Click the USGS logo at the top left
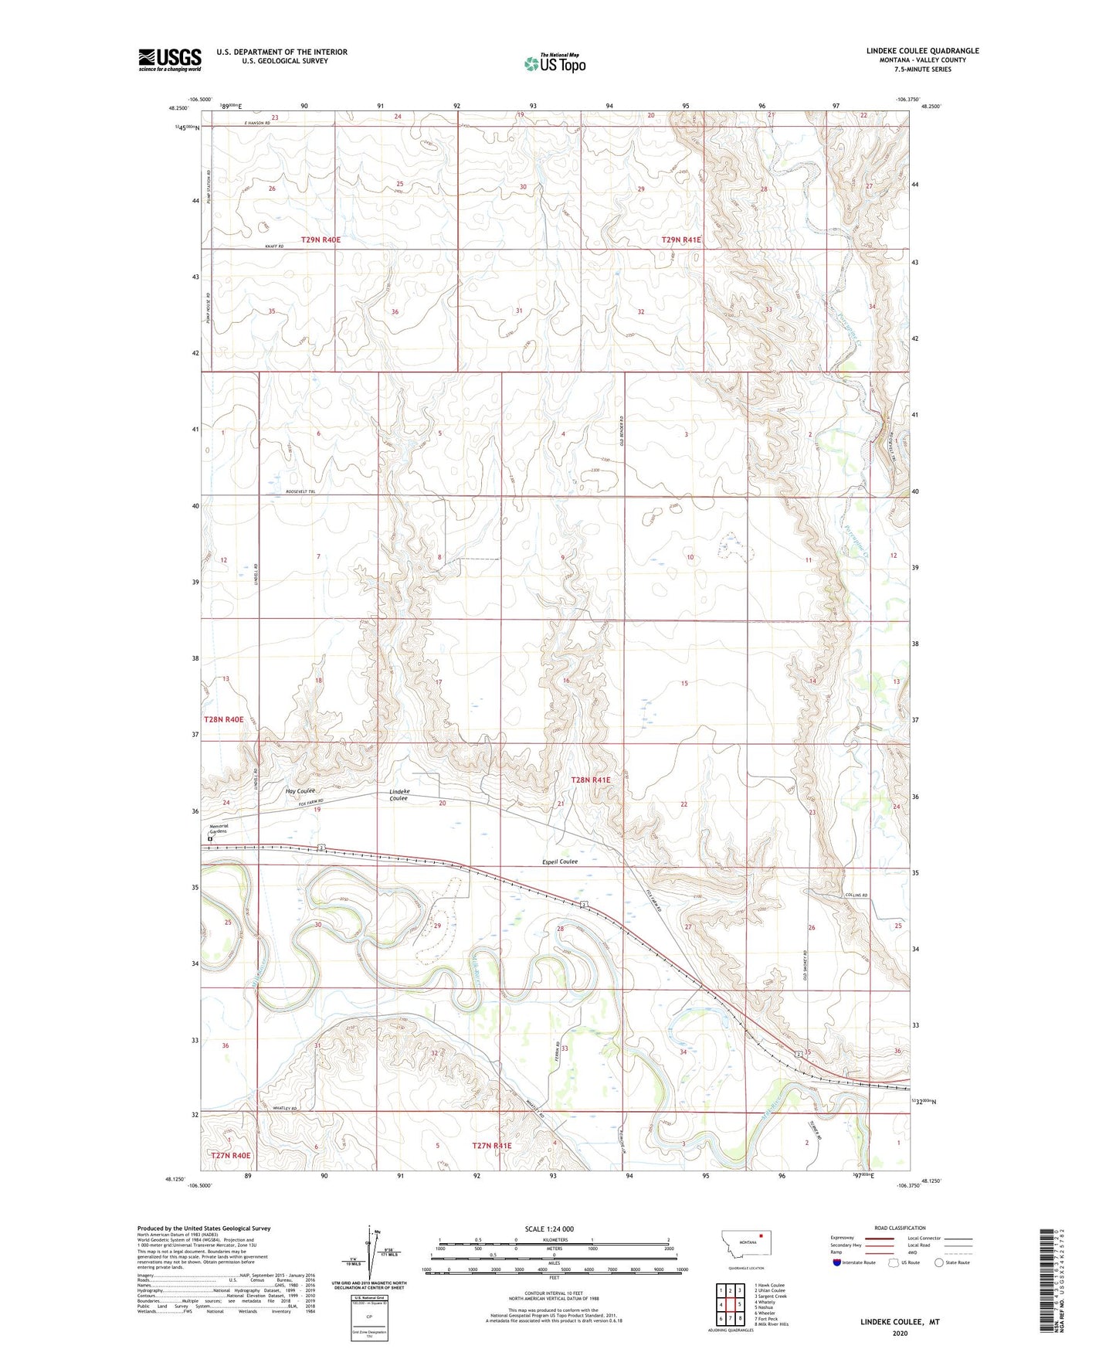[x=169, y=59]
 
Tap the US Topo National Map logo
[x=555, y=63]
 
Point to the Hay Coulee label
[x=300, y=791]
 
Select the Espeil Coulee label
[x=555, y=861]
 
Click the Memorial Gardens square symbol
[x=209, y=838]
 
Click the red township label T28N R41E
[x=590, y=780]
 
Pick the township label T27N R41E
[x=491, y=1146]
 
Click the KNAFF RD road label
[x=275, y=246]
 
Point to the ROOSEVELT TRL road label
[x=301, y=492]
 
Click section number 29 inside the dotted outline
[x=437, y=926]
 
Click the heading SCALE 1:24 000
[x=549, y=1228]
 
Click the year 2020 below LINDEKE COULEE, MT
[x=900, y=1333]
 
